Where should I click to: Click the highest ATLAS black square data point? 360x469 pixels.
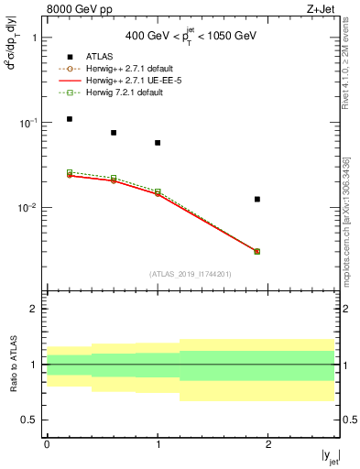(x=69, y=119)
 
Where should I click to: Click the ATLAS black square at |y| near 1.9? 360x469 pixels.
(x=257, y=199)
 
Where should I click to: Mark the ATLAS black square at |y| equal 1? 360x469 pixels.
(x=158, y=143)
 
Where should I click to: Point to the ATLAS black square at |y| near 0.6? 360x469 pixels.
(x=114, y=133)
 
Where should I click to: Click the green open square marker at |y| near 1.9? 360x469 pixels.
(x=257, y=251)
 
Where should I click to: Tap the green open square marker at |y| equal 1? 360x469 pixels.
(x=158, y=191)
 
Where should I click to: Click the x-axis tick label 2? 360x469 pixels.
(x=268, y=443)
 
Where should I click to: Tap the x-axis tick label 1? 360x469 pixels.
(x=158, y=443)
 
